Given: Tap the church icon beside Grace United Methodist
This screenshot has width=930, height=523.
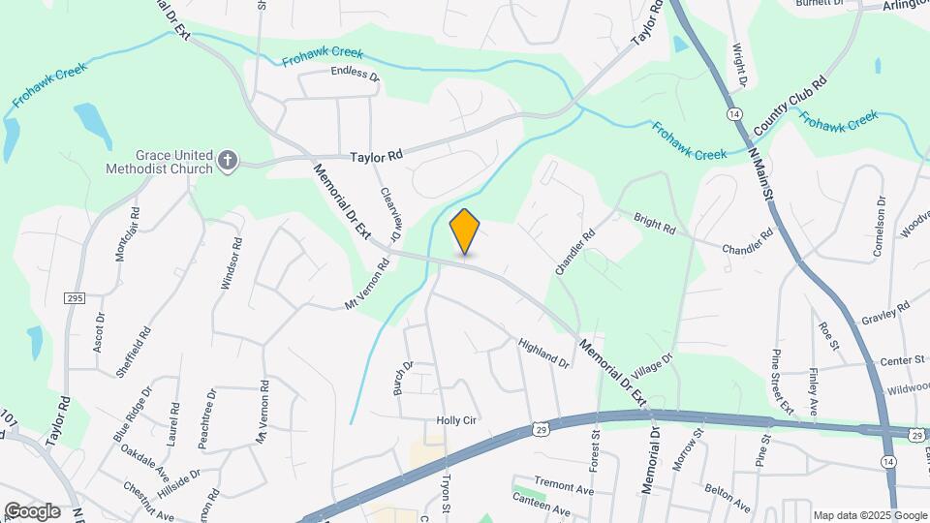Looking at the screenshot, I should coord(228,161).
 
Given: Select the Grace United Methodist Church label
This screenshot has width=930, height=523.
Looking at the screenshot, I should coord(159,161).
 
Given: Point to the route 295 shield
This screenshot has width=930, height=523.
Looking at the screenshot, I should coord(75,299).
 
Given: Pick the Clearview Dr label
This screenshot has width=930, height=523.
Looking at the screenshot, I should coord(390,214).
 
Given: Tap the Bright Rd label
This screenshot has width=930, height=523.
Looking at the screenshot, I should coord(655,225).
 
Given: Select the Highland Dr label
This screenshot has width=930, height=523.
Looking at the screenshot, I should coord(543,353).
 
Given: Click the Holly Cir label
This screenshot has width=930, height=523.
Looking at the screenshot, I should coord(459,420).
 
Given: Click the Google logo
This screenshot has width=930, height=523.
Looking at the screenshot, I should coord(32,510).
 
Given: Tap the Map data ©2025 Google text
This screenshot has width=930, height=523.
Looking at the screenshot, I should coord(870,515).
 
